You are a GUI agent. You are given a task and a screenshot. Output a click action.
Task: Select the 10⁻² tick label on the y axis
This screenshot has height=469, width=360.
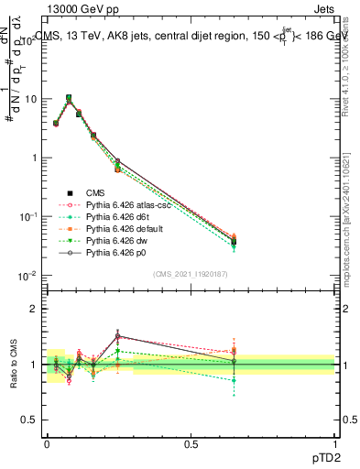pyautogui.click(x=27, y=276)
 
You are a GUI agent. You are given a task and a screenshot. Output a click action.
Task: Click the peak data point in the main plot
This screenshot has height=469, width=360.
pyautogui.click(x=69, y=97)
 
